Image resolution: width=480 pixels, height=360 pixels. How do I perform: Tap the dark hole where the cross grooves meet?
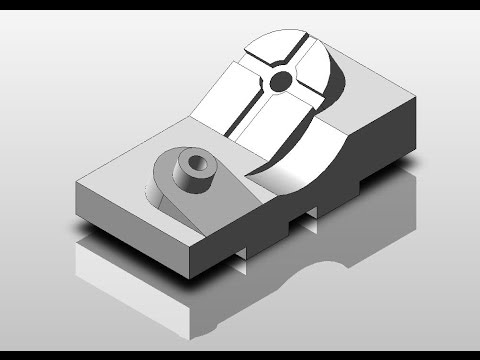(281, 79)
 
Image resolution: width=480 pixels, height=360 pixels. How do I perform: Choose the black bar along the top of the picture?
(240, 5)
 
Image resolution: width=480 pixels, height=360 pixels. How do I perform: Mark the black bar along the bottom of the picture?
(240, 354)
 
